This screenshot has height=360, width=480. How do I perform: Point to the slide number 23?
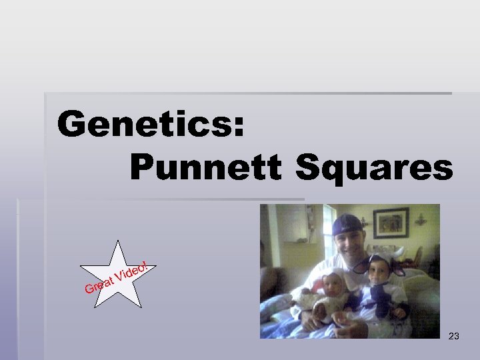[x=454, y=337]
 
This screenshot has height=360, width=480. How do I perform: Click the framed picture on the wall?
[x=391, y=223]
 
